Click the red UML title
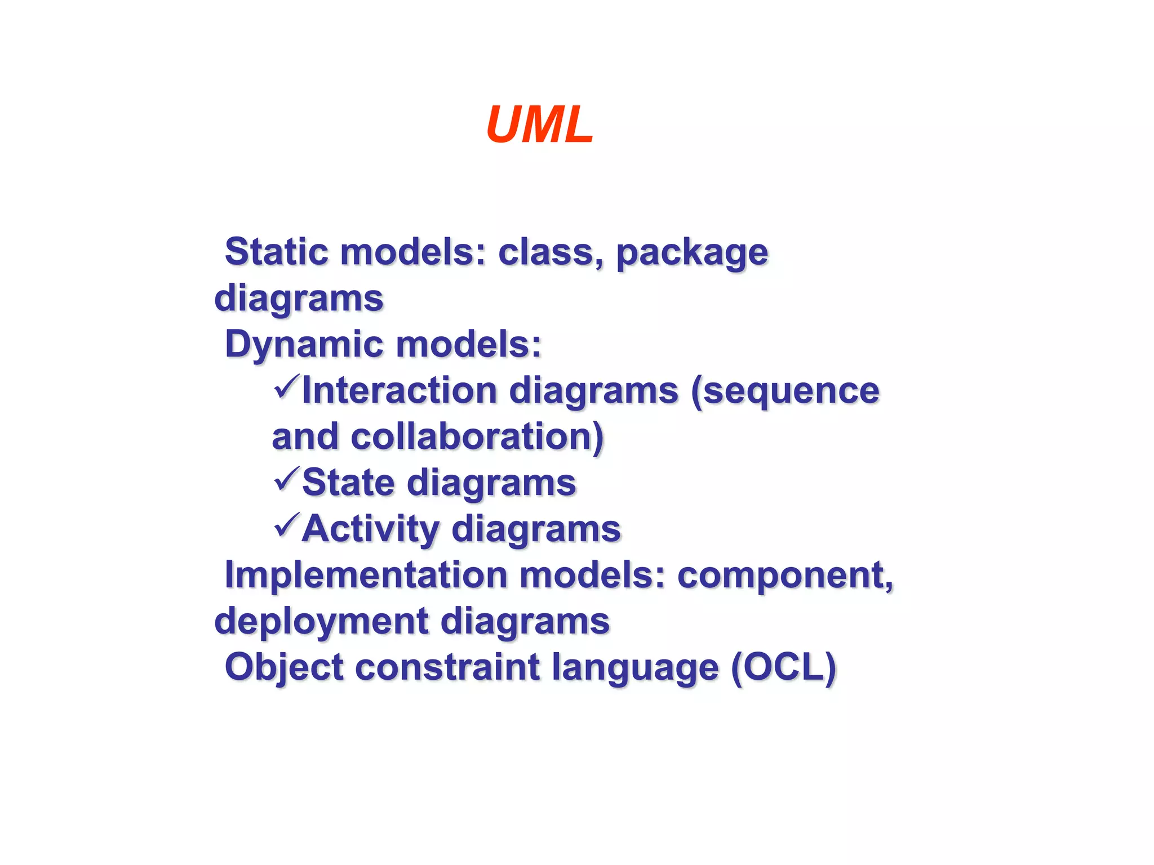[539, 125]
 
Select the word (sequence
[785, 391]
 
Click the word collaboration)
[477, 437]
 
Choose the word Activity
[370, 530]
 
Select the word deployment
[322, 622]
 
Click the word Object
[284, 668]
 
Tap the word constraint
[447, 667]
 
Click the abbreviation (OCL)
[783, 668]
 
